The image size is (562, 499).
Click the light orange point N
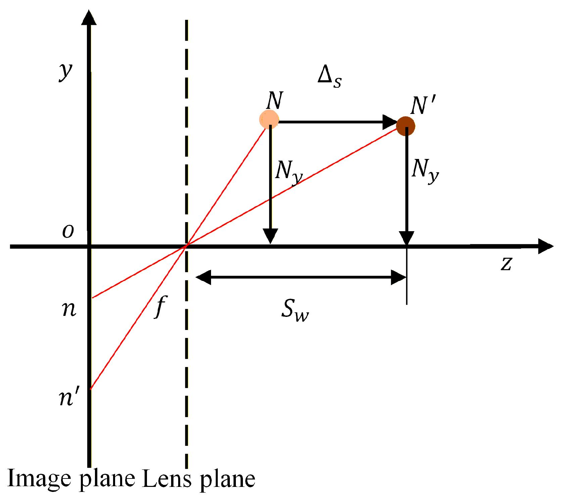pos(269,119)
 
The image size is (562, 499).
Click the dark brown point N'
pos(406,126)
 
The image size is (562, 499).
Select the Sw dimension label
pos(295,310)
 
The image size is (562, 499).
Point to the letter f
pos(161,306)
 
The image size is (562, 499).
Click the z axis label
pos(506,263)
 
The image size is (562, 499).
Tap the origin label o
pos(68,231)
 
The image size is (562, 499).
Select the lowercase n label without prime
pos(69,308)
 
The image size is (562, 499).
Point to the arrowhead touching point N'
pos(390,122)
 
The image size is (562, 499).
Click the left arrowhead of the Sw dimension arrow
pos(203,277)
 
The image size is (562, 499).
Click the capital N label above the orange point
pos(275,100)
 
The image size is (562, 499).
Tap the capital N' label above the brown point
pos(423,105)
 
